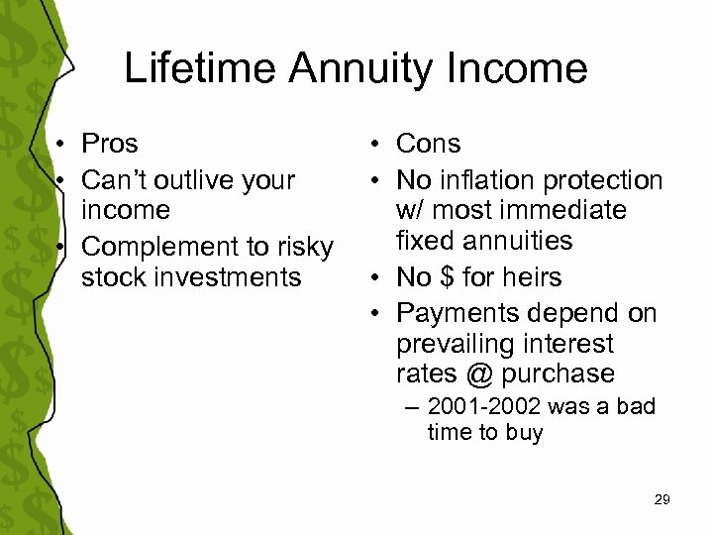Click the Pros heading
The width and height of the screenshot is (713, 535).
109,144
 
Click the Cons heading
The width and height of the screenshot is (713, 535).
428,144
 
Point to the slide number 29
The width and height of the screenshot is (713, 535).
662,500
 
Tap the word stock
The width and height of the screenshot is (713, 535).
112,276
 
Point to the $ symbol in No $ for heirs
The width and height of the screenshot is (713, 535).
447,277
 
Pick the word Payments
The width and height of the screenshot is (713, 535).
458,313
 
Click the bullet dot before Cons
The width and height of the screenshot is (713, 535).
379,145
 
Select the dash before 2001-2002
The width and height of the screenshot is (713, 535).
411,407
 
